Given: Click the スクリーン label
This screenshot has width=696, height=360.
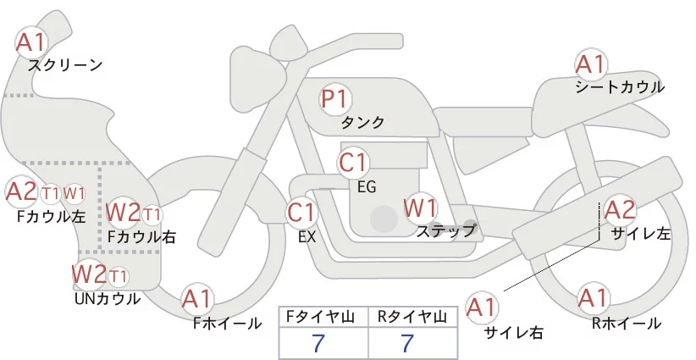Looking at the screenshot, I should click(x=64, y=64).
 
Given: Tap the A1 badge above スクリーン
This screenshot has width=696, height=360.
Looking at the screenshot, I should click(x=33, y=42).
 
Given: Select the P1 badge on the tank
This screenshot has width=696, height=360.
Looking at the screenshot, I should click(x=335, y=99).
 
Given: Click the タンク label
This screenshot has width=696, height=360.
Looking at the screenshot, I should click(x=362, y=123).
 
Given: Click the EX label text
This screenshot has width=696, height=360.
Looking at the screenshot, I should click(x=307, y=237).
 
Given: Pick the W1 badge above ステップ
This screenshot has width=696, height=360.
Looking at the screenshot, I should click(x=420, y=207).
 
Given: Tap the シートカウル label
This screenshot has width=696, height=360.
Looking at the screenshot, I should click(x=620, y=87).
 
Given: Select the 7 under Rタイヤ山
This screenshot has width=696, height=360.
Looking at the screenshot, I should click(x=407, y=343).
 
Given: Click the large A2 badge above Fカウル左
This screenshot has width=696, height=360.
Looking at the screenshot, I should click(x=22, y=191).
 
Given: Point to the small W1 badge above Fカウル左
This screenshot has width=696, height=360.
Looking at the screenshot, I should click(x=74, y=192).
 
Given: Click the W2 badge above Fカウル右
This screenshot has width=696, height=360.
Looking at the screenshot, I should click(x=124, y=213).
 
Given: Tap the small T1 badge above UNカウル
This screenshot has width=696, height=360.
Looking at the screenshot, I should click(x=119, y=276).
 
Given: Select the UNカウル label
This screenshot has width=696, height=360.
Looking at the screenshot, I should click(x=108, y=298).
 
